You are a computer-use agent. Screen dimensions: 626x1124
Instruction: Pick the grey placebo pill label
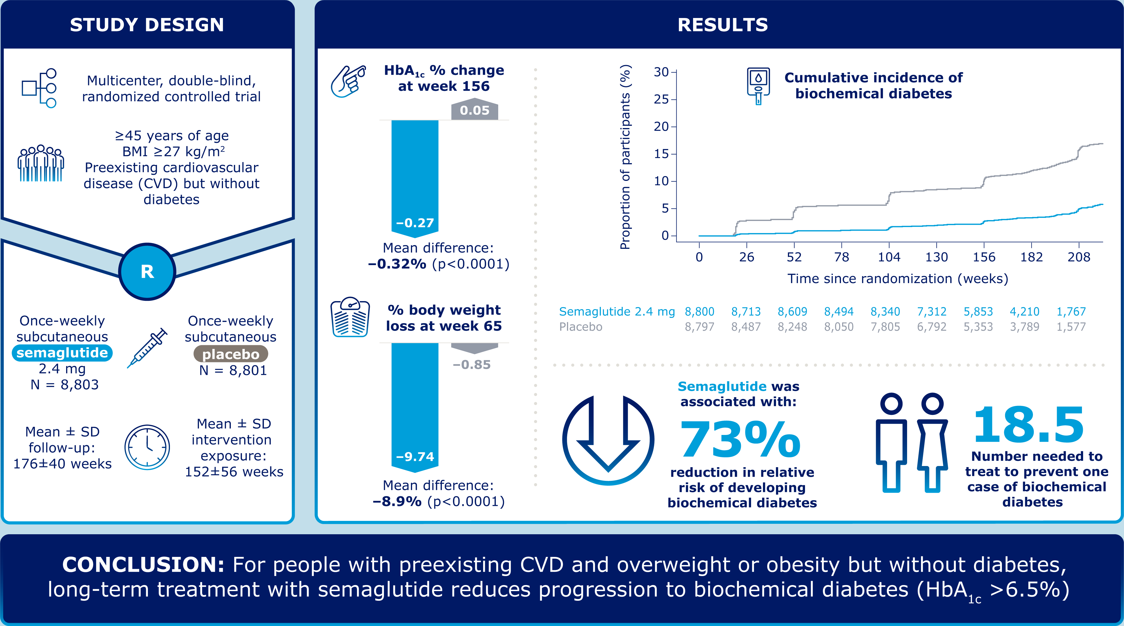[230, 354]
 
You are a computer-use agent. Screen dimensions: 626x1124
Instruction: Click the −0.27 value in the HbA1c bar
[415, 223]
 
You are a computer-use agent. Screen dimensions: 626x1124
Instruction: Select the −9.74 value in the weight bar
[415, 456]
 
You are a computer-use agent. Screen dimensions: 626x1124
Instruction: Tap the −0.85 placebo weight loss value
[472, 364]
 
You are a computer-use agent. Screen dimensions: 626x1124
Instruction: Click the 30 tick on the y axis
[661, 72]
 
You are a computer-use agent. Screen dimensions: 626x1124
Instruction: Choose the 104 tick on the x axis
[889, 257]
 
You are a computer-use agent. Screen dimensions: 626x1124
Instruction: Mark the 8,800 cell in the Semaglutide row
[699, 312]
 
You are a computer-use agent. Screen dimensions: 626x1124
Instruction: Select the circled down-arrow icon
[608, 440]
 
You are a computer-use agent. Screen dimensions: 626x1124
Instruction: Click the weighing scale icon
[350, 318]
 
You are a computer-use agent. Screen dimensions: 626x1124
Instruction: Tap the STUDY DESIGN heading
[147, 25]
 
